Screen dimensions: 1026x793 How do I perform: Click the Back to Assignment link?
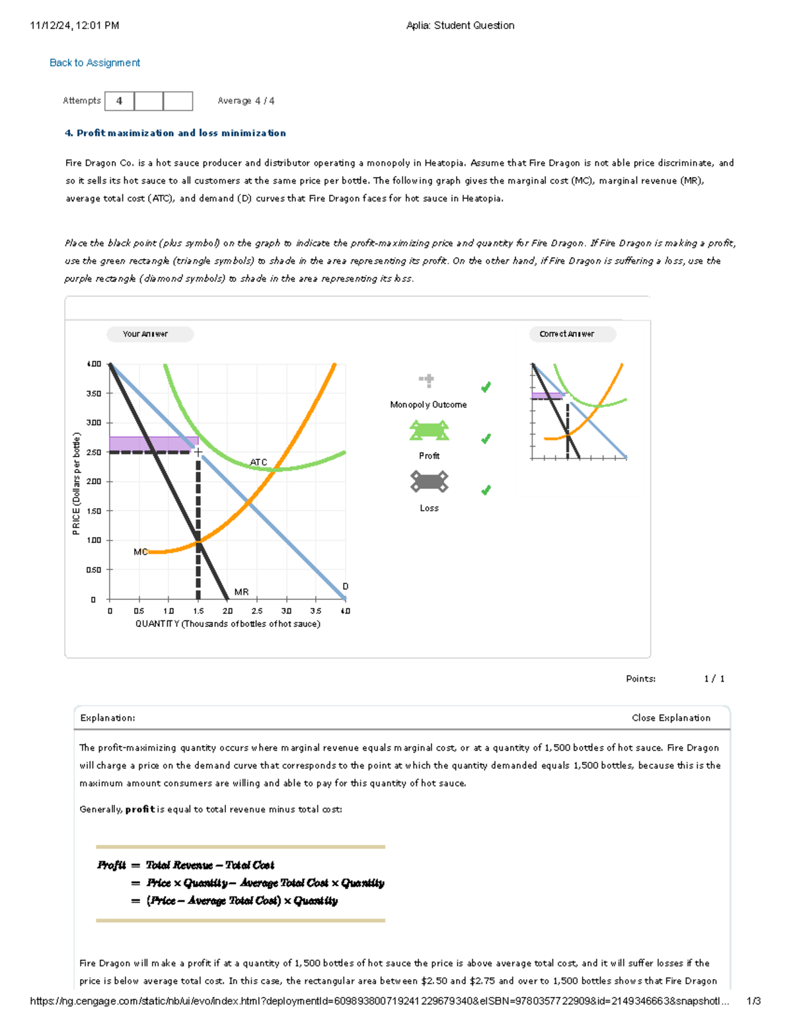click(94, 63)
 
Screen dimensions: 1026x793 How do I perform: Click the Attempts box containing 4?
click(120, 101)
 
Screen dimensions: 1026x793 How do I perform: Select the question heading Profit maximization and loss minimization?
click(175, 133)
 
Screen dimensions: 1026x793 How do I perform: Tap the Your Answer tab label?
click(145, 334)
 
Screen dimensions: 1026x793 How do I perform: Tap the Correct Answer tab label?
click(566, 334)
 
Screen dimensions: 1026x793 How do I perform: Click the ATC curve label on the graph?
click(258, 462)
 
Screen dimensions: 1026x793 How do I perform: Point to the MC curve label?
click(140, 552)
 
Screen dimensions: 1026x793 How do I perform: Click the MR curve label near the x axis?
click(241, 592)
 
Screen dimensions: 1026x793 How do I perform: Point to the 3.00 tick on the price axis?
click(94, 423)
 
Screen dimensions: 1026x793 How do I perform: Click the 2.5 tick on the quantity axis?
click(257, 611)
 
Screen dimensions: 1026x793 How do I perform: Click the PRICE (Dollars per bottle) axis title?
click(77, 484)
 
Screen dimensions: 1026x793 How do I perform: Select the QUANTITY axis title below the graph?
click(227, 624)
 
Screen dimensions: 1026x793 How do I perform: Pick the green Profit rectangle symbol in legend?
click(429, 431)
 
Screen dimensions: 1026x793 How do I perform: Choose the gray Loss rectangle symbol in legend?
click(429, 482)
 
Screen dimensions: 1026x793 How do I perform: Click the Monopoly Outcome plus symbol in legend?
click(427, 380)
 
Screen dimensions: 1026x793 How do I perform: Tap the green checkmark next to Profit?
click(486, 439)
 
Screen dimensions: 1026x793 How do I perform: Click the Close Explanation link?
click(671, 717)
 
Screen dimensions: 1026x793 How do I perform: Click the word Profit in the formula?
click(111, 865)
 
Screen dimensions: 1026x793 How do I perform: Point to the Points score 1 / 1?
click(714, 678)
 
